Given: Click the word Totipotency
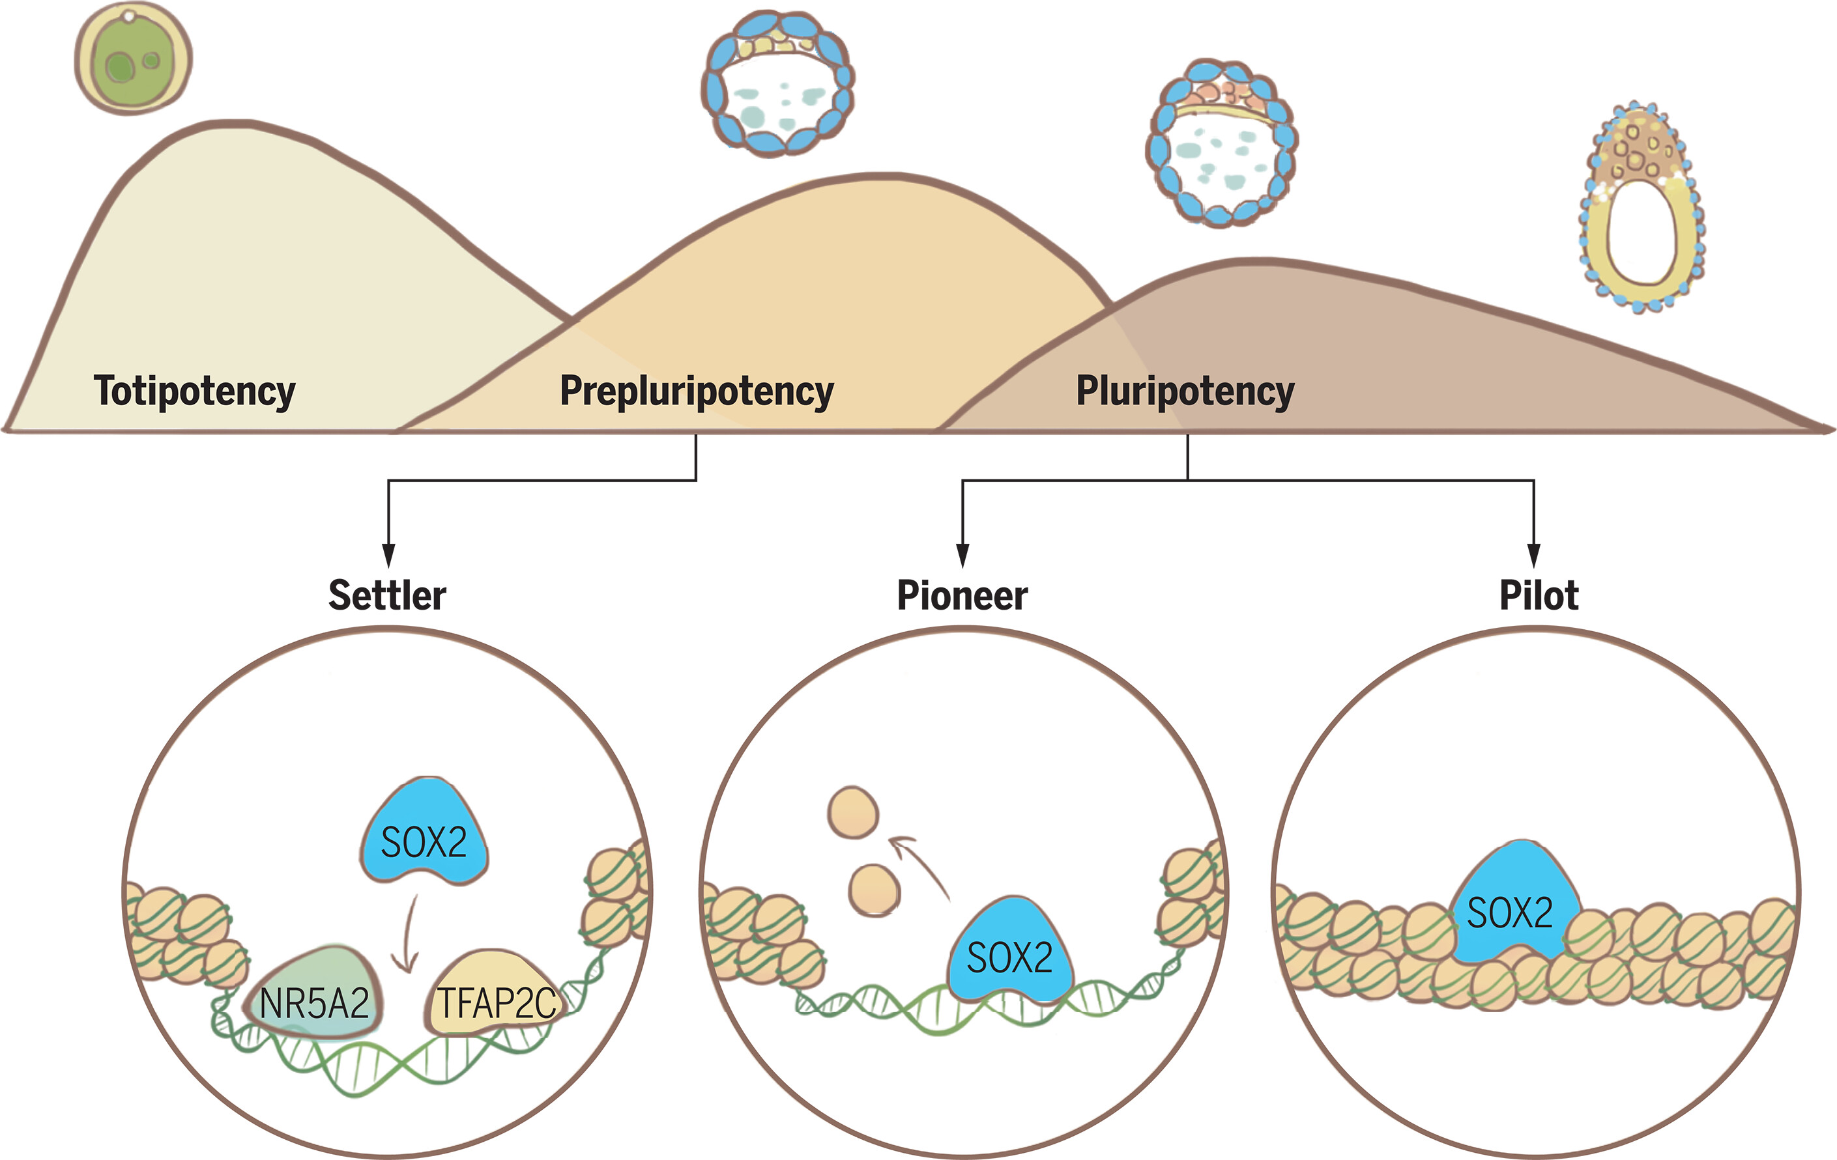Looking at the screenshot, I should [195, 391].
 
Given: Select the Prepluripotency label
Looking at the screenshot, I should [697, 391].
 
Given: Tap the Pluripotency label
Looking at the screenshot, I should [1185, 391].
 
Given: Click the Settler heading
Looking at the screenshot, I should [387, 596].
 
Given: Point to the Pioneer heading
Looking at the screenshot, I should [962, 596].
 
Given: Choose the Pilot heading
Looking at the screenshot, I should [1539, 596].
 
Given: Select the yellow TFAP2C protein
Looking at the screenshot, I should [495, 995].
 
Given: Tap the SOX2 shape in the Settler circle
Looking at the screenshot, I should [424, 834].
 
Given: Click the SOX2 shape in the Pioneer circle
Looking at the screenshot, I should [1009, 952].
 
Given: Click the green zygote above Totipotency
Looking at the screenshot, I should [133, 59].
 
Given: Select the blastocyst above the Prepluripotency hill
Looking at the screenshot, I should [777, 84].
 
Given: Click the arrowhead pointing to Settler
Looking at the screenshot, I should [388, 556].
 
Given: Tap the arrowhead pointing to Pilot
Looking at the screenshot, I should [1533, 556].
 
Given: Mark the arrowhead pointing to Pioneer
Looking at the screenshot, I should [962, 556].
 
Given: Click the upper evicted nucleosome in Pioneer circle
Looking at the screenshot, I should [853, 813].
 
